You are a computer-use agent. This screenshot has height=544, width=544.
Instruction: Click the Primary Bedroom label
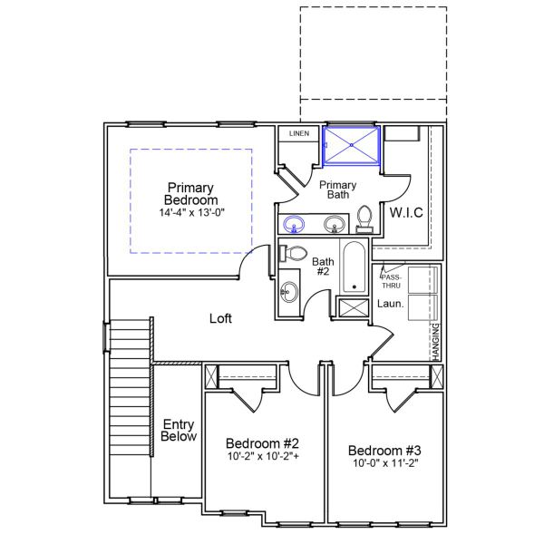point(190,194)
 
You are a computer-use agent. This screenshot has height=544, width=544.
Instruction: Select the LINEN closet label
point(298,134)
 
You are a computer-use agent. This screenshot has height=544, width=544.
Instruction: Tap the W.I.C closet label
point(406,212)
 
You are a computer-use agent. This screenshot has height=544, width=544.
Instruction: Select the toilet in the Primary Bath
point(364,219)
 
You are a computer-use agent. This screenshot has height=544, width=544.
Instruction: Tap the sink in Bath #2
point(289,292)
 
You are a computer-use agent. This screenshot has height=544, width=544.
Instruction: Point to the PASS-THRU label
point(392,277)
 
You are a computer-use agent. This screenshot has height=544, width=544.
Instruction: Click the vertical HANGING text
point(436,342)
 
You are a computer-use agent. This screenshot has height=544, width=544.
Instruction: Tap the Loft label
point(221,318)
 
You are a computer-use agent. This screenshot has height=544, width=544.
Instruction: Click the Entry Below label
point(179,431)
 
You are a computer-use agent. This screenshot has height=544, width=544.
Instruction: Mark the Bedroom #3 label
point(385,451)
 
